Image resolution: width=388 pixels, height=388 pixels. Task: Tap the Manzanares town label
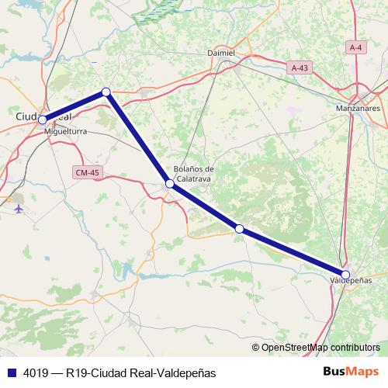358,109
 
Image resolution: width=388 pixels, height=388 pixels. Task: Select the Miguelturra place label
67,132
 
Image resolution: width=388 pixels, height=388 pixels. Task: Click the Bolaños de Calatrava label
194,173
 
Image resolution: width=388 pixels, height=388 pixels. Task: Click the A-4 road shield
356,48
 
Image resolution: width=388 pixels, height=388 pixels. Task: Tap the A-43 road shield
300,68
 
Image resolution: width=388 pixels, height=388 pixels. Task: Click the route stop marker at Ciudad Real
43,120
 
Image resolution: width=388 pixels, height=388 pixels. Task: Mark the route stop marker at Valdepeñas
345,274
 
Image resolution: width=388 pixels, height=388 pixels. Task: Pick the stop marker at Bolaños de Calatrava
170,184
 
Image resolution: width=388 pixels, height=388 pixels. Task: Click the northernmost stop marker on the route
106,92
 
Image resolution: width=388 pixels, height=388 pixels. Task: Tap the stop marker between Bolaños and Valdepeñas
240,228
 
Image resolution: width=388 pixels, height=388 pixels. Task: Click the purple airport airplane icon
19,208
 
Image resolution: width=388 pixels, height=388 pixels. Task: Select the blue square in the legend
9,372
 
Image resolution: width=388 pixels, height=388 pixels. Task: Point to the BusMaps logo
351,372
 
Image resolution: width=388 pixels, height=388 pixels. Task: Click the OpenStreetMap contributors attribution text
320,348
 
